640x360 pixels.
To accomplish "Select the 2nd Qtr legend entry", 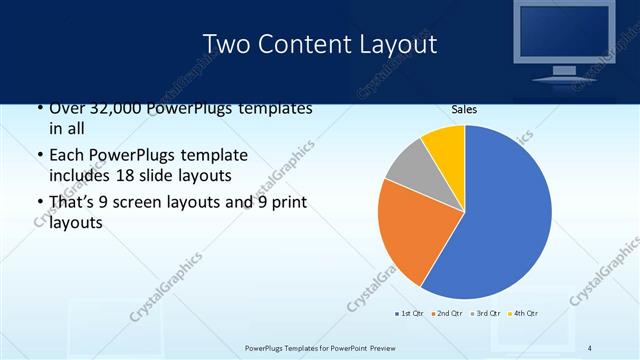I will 448,313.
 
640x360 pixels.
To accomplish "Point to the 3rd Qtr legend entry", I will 487,313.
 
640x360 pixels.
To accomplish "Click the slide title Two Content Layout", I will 319,44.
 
